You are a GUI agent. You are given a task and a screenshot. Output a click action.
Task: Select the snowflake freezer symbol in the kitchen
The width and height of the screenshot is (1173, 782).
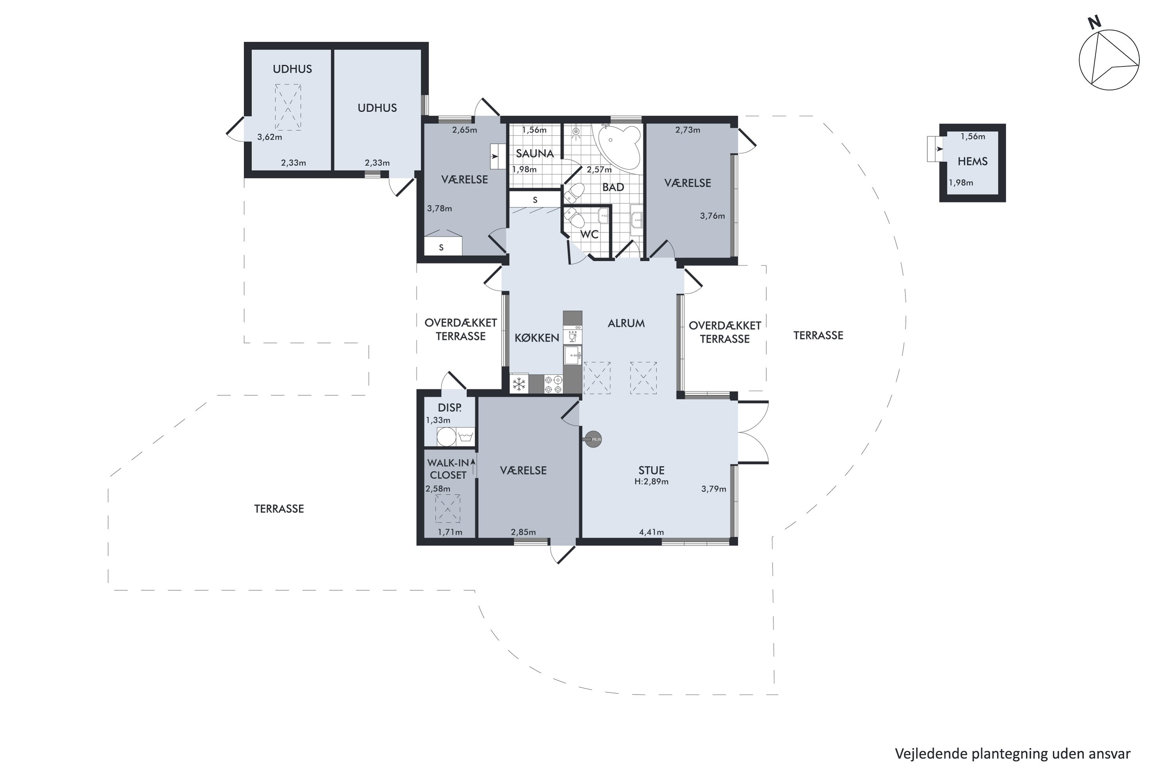click(x=519, y=384)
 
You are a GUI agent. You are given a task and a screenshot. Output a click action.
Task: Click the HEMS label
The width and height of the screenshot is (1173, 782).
click(x=972, y=161)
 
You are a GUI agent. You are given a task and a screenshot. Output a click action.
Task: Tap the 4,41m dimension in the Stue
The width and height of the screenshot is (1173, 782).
click(x=651, y=532)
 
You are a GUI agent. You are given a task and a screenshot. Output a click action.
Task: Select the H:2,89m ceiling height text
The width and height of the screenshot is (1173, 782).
click(x=651, y=482)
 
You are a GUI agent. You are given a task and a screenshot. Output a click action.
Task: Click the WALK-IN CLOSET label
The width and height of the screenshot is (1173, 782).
click(x=448, y=469)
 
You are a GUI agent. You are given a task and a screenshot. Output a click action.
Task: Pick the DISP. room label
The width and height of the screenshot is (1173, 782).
click(x=449, y=407)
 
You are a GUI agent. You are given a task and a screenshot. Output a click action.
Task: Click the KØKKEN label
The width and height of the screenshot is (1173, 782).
click(x=536, y=338)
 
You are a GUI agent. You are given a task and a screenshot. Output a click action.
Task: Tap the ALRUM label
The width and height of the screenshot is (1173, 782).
click(x=626, y=323)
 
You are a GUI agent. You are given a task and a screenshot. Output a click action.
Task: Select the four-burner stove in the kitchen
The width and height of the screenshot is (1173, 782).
click(x=554, y=384)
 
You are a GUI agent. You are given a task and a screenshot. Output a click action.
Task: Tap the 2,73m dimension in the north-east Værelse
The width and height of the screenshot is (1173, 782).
click(x=687, y=130)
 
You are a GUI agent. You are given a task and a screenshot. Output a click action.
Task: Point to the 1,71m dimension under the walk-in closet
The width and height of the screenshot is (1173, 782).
click(x=450, y=532)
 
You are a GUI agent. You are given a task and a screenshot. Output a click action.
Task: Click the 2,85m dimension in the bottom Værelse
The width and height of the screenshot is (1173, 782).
click(x=523, y=532)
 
